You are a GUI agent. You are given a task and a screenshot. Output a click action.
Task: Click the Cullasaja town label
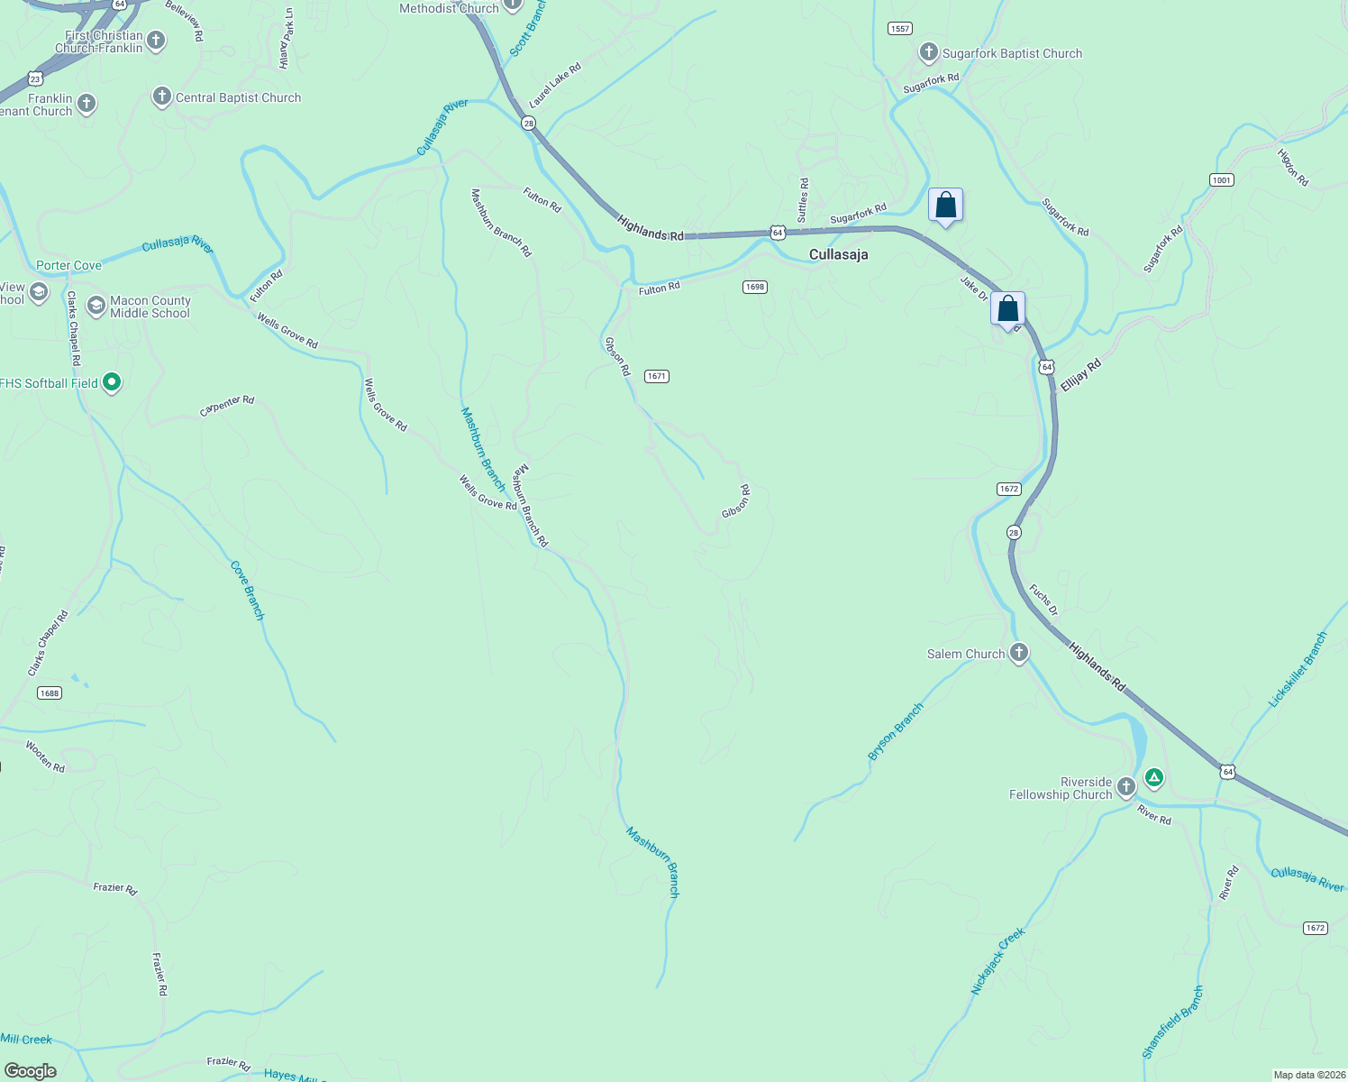[838, 255]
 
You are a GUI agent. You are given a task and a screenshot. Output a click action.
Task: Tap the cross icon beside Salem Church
[1019, 653]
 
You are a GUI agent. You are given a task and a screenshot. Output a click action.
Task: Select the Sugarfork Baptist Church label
[1012, 54]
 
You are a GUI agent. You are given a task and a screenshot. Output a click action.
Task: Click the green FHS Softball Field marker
[112, 383]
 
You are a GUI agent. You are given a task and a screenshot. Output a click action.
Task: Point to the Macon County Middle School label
[150, 307]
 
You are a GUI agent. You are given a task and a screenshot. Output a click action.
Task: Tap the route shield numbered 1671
[656, 376]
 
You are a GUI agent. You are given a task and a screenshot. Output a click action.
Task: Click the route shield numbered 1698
[754, 287]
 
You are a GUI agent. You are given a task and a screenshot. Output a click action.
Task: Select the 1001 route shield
[1221, 180]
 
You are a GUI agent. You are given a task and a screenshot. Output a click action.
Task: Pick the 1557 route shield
[899, 29]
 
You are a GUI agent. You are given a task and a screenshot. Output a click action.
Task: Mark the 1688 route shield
[50, 693]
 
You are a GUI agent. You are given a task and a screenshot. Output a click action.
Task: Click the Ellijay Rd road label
[1080, 375]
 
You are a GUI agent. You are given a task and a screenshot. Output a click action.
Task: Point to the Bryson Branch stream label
[896, 732]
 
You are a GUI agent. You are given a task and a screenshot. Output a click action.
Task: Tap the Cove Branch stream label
[248, 591]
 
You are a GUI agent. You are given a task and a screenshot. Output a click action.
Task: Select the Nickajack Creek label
[997, 961]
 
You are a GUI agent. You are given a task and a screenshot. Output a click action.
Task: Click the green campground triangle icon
[1153, 777]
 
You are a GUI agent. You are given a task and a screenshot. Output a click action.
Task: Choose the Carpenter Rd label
[227, 407]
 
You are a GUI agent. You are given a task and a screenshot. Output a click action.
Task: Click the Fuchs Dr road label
[1043, 601]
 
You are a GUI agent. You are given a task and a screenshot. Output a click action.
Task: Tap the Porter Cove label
[68, 266]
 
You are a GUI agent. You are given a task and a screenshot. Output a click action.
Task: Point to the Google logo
[31, 1071]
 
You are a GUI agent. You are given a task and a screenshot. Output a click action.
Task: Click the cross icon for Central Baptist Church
[162, 96]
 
